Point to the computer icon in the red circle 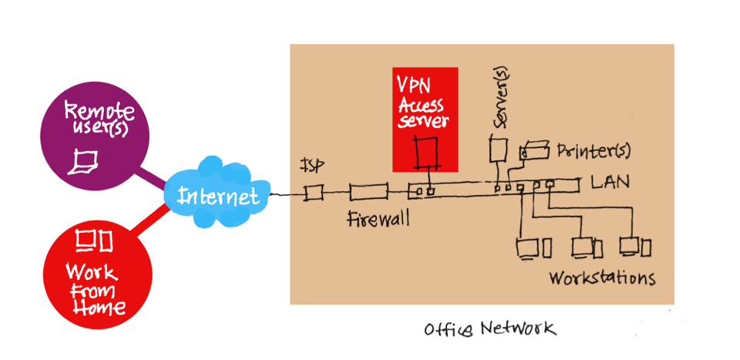(x=92, y=241)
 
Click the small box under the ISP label (x=313, y=193)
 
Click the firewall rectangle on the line (x=367, y=193)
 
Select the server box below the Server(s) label (x=498, y=150)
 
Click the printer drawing (x=534, y=150)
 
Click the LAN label (x=610, y=183)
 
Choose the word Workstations (x=602, y=278)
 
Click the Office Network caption (x=489, y=329)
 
